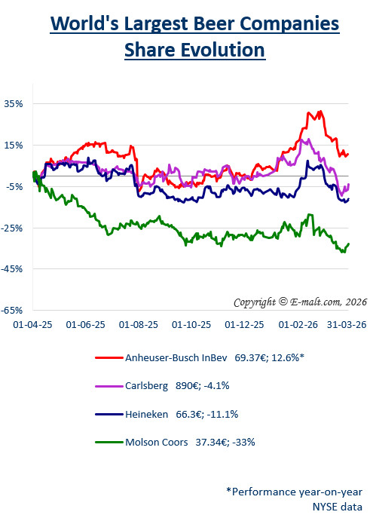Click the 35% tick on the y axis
pyautogui.click(x=14, y=103)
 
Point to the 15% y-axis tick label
pyautogui.click(x=14, y=145)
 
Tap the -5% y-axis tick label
pyautogui.click(x=14, y=186)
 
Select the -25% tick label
pyautogui.click(x=13, y=227)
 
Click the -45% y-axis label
pyautogui.click(x=13, y=268)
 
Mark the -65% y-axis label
pyautogui.click(x=13, y=310)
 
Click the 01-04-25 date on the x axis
pyautogui.click(x=32, y=325)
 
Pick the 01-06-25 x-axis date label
pyautogui.click(x=85, y=325)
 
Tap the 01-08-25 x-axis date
pyautogui.click(x=139, y=325)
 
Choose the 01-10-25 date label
pyautogui.click(x=192, y=325)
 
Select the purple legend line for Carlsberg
pyautogui.click(x=107, y=386)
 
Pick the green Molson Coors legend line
pyautogui.click(x=107, y=442)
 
